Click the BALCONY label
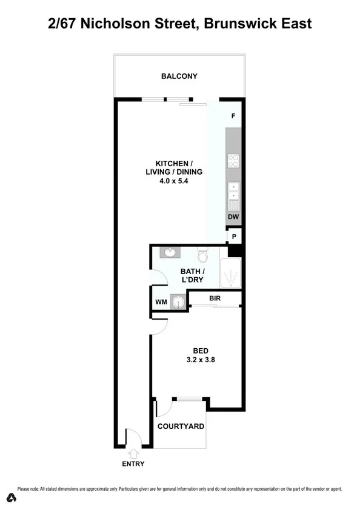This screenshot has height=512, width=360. [179, 76]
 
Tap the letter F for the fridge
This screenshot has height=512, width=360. [233, 115]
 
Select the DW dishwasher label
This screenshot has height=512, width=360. [233, 217]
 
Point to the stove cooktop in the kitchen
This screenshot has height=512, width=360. [233, 161]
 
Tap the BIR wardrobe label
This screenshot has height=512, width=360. [214, 298]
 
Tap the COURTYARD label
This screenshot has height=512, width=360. [181, 426]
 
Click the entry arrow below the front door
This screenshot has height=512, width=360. [133, 453]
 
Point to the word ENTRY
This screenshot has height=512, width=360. [133, 464]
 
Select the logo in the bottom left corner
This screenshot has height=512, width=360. [11, 498]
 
